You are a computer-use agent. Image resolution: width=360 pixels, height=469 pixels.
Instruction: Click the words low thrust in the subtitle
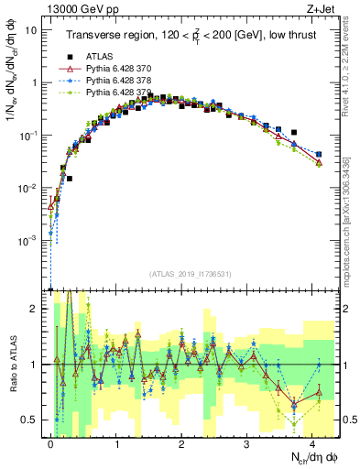coord(290,36)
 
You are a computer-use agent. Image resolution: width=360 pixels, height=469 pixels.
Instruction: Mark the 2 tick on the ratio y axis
coord(36,309)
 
